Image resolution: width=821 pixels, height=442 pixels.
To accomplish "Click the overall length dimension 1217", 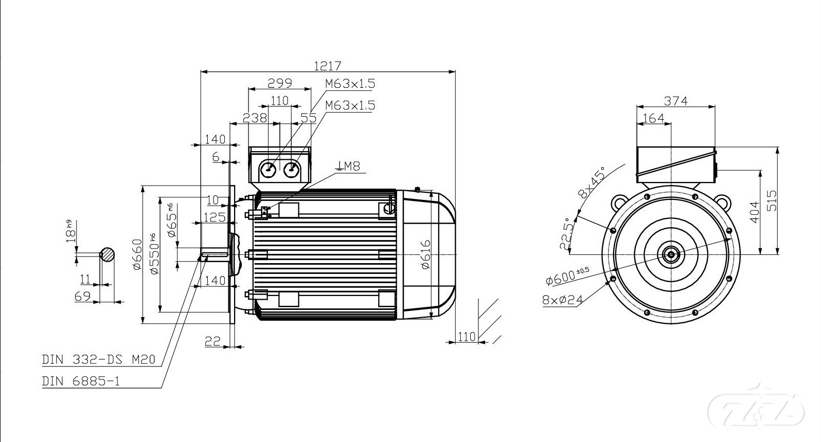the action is [x=328, y=66].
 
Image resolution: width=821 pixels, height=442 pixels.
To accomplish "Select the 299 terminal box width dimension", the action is [x=280, y=83].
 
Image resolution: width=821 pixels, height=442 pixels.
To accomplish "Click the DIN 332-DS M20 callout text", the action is [x=98, y=359].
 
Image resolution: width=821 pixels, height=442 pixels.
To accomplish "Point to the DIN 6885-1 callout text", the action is [x=81, y=381].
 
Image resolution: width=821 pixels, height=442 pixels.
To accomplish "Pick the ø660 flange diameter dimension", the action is [x=136, y=254].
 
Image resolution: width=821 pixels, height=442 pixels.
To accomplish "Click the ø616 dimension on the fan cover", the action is [x=425, y=254].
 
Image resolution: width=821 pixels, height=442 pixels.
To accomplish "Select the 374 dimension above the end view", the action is [x=675, y=101].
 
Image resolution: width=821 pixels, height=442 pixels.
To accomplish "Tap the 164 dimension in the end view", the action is [x=654, y=118].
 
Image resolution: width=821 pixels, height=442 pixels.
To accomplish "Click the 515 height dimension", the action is [x=771, y=200].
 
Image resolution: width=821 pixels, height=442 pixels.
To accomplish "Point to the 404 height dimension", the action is [x=754, y=212].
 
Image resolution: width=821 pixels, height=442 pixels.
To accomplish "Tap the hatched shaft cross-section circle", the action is [x=107, y=254].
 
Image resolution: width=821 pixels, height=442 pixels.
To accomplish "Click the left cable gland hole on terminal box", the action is [x=269, y=168].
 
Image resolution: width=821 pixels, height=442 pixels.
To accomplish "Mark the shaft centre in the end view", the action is [x=671, y=254].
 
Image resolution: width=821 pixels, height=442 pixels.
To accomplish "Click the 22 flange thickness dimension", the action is [x=212, y=341].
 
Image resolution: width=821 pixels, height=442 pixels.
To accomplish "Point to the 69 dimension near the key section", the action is [x=83, y=297].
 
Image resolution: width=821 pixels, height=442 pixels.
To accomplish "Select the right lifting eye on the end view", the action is [x=723, y=201].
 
